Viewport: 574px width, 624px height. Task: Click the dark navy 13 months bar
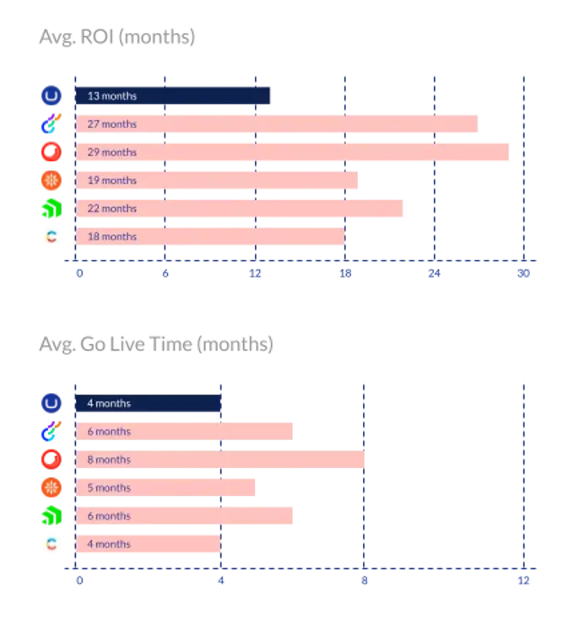pyautogui.click(x=174, y=95)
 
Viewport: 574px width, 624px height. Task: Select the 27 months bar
pyautogui.click(x=278, y=124)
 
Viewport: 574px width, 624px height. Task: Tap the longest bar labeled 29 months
pyautogui.click(x=293, y=152)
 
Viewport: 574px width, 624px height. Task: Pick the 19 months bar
pyautogui.click(x=217, y=180)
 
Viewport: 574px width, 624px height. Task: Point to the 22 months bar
pyautogui.click(x=240, y=208)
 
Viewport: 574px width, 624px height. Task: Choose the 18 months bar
pyautogui.click(x=209, y=237)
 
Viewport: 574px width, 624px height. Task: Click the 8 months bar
pyautogui.click(x=220, y=460)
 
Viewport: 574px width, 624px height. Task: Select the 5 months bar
pyautogui.click(x=166, y=487)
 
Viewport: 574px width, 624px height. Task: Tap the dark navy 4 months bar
pyautogui.click(x=149, y=403)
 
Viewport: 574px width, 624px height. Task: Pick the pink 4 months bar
pyautogui.click(x=149, y=544)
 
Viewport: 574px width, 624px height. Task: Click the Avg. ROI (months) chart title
pyautogui.click(x=116, y=38)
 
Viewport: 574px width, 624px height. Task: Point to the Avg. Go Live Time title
pyautogui.click(x=155, y=345)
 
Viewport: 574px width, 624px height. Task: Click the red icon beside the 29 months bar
pyautogui.click(x=51, y=152)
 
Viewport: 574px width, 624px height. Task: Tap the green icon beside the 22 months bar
pyautogui.click(x=51, y=208)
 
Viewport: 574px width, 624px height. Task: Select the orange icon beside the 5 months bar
pyautogui.click(x=51, y=487)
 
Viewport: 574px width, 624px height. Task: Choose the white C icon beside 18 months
pyautogui.click(x=51, y=237)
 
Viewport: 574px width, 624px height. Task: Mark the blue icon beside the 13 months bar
pyautogui.click(x=51, y=95)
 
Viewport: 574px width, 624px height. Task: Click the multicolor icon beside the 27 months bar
pyautogui.click(x=51, y=124)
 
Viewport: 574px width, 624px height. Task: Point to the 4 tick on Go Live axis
pyautogui.click(x=221, y=581)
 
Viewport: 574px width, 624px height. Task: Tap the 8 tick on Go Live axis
pyautogui.click(x=364, y=581)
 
